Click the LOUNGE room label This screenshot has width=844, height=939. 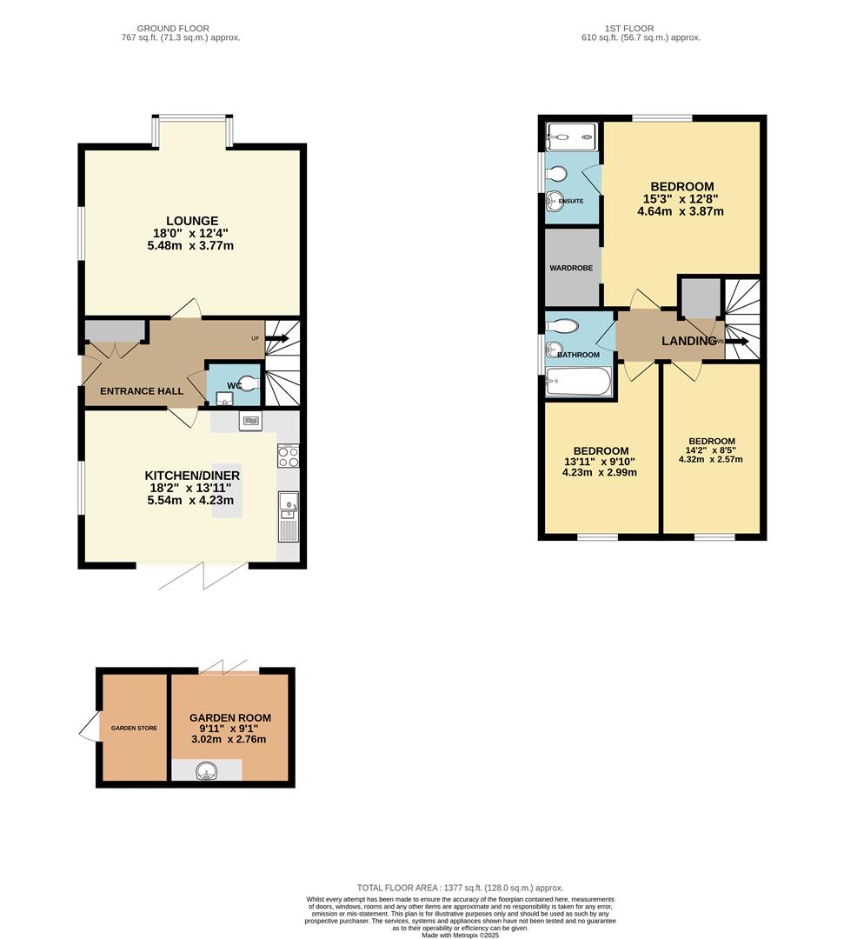[x=191, y=221]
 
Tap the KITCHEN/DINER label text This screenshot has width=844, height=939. [x=192, y=476]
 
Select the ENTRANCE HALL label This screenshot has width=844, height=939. [x=142, y=391]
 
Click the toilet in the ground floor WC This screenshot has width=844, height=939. [x=247, y=381]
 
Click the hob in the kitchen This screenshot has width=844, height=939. [x=288, y=456]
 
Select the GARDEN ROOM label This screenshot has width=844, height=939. [x=230, y=718]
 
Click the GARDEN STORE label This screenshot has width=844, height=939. [x=134, y=728]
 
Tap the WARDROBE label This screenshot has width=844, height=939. [x=571, y=268]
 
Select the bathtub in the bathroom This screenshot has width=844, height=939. [x=578, y=382]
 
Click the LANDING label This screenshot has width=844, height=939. [x=688, y=341]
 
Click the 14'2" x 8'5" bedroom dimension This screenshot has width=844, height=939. [x=712, y=450]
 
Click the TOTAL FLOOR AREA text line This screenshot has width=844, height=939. [x=460, y=887]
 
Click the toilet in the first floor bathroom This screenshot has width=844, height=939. [x=562, y=326]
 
